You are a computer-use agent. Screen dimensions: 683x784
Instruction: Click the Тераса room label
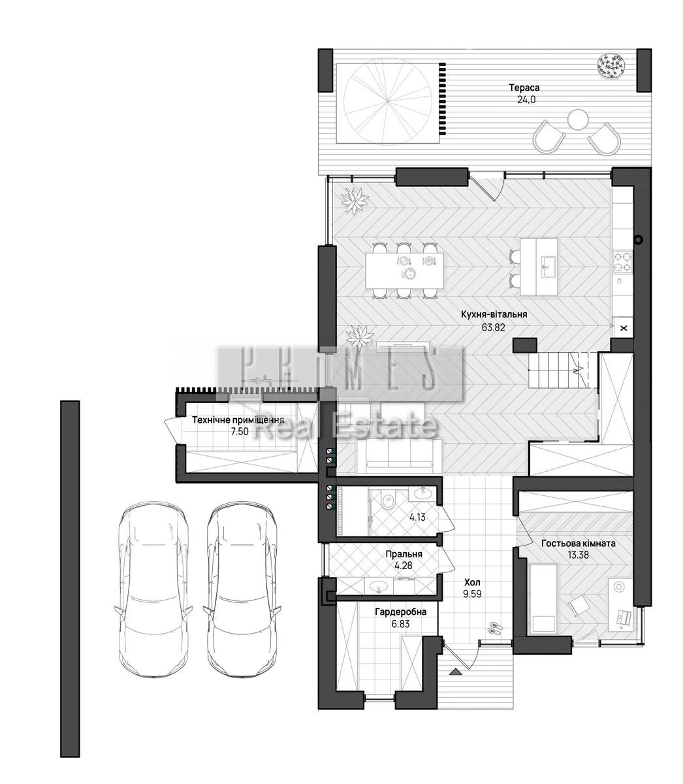(x=524, y=88)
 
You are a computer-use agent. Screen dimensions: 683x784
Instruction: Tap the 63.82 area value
(x=494, y=327)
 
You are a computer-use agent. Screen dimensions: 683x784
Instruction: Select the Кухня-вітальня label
(x=494, y=315)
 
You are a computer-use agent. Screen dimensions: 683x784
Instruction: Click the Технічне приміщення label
(x=238, y=420)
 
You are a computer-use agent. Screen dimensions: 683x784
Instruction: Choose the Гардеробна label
(x=400, y=612)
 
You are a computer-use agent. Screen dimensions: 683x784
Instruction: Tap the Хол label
(x=472, y=582)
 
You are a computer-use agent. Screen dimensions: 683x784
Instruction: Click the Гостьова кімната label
(x=578, y=544)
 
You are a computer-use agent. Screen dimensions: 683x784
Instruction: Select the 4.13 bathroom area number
(x=417, y=517)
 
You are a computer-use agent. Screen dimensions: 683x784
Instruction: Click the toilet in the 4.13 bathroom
(x=389, y=500)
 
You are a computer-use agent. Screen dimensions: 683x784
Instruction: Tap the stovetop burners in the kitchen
(x=622, y=261)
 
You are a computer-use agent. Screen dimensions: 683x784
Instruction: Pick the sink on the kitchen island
(x=547, y=267)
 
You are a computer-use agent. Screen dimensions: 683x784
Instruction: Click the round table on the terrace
(x=578, y=119)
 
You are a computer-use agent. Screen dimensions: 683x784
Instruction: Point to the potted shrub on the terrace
(x=612, y=65)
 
